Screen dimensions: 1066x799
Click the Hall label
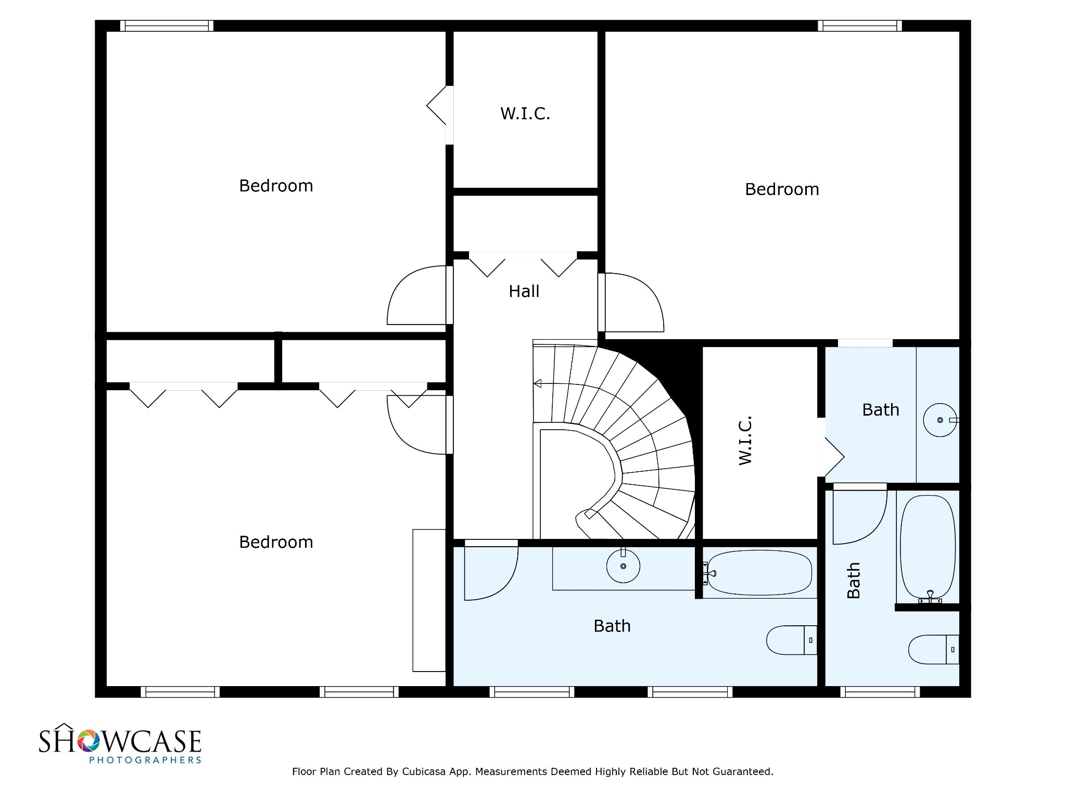[524, 291]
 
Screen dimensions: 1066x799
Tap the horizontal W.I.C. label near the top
[525, 113]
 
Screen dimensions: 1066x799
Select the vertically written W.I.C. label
[745, 440]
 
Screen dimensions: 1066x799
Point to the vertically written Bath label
[854, 581]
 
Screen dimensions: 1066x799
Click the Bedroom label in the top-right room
[782, 189]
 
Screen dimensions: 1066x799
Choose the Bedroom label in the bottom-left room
[276, 542]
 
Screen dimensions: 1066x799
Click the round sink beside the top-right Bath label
[940, 420]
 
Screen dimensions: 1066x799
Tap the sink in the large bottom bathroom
[624, 565]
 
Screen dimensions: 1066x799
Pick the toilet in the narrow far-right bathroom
[934, 649]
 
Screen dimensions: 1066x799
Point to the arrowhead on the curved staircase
[537, 384]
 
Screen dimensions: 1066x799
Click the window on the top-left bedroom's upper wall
[167, 25]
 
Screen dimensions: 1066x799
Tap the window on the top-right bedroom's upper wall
[859, 25]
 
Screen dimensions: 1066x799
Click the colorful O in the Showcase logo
[88, 741]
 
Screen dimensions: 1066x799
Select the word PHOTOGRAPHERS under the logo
[145, 760]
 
